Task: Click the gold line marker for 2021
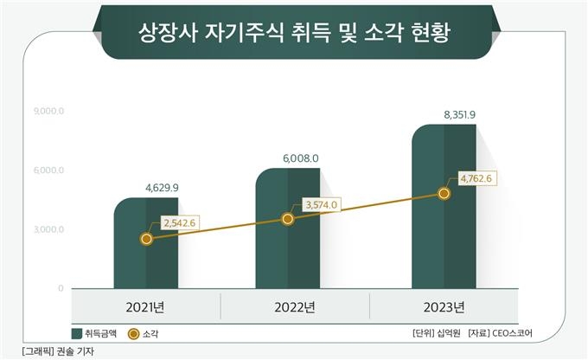(146, 238)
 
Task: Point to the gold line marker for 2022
(288, 219)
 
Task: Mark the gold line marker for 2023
(444, 193)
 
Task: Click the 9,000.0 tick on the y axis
(49, 112)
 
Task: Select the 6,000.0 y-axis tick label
(49, 170)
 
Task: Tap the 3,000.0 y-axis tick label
(49, 229)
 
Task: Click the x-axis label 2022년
(293, 307)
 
